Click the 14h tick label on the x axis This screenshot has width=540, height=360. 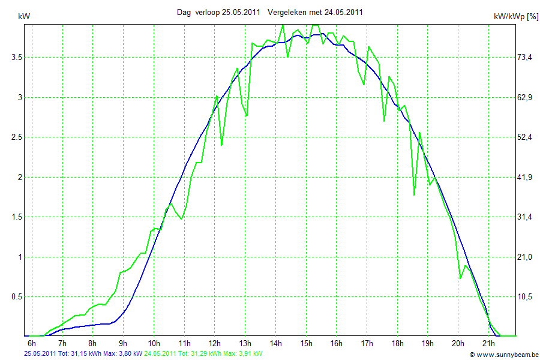tap(275, 343)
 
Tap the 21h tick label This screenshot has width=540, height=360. tap(488, 343)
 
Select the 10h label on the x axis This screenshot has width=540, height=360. tap(154, 343)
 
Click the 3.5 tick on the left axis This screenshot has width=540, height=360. tap(18, 57)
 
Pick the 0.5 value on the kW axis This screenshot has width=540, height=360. tap(18, 296)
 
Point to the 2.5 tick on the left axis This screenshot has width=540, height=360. tap(18, 137)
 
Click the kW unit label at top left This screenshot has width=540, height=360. tap(24, 17)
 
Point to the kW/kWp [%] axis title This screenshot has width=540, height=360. tap(515, 17)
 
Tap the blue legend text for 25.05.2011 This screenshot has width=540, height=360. tap(82, 354)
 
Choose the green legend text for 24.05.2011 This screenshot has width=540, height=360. tap(203, 354)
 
